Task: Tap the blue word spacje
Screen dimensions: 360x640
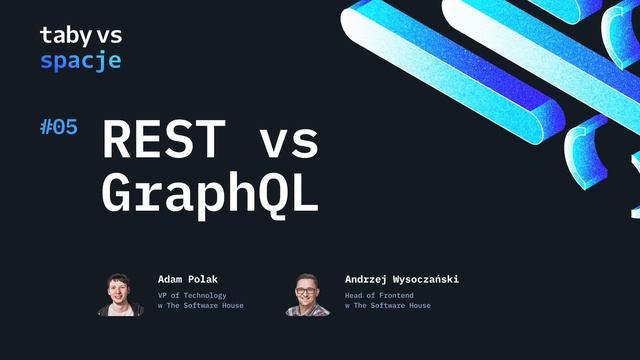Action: click(x=81, y=61)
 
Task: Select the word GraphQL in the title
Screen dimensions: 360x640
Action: click(x=210, y=194)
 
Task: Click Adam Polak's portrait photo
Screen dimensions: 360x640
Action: click(x=120, y=294)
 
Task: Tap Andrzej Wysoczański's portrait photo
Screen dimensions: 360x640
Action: click(x=306, y=295)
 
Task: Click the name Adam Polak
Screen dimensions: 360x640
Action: click(x=187, y=279)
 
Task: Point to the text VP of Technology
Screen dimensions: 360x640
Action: click(x=192, y=295)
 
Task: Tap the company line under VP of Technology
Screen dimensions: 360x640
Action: click(x=200, y=306)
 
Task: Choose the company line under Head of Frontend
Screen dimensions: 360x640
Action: click(x=387, y=306)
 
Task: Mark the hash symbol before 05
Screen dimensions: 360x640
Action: click(x=46, y=127)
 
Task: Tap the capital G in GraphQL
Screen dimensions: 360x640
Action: click(x=118, y=194)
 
